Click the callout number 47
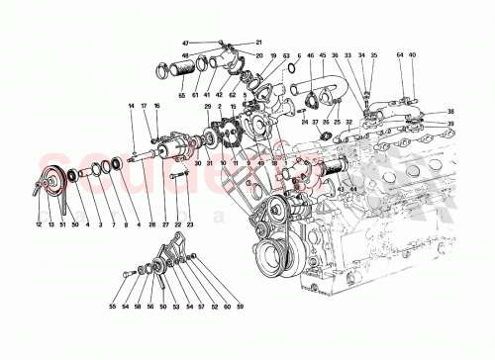(185, 44)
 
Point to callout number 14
(130, 105)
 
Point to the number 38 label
(450, 111)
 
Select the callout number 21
(259, 44)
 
